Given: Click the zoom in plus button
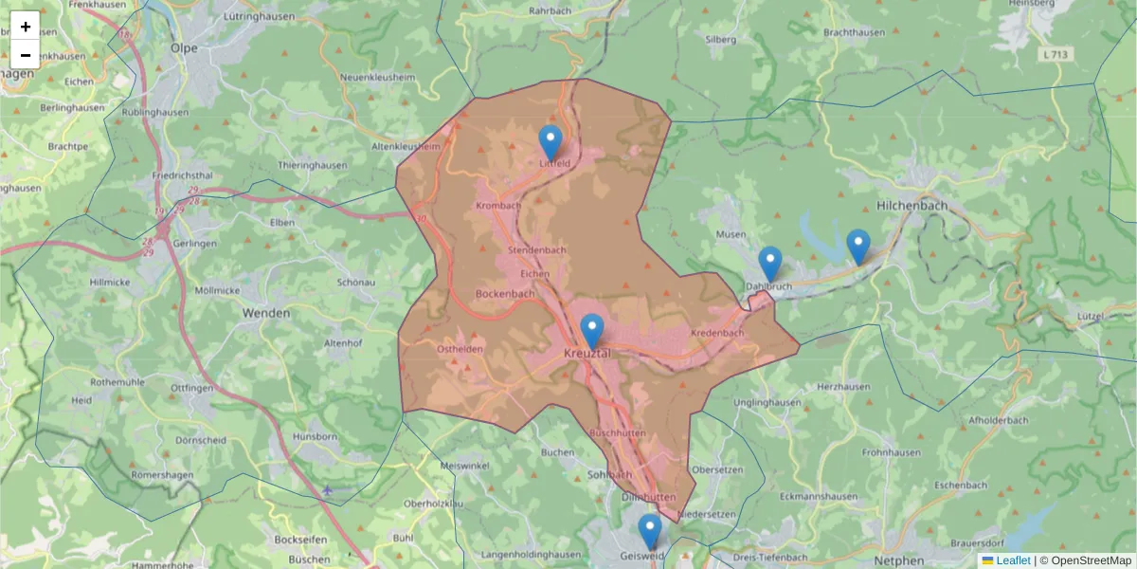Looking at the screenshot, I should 26,27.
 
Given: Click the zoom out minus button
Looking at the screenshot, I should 26,55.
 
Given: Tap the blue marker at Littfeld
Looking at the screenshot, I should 550,143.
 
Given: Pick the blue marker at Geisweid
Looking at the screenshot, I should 649,532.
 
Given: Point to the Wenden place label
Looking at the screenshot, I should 266,312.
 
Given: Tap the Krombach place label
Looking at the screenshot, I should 498,206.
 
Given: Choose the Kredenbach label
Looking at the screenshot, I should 717,333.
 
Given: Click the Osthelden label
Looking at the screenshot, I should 460,349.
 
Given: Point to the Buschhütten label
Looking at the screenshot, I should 617,432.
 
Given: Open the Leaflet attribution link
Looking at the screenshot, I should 1012,560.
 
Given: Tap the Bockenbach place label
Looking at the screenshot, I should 505,294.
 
